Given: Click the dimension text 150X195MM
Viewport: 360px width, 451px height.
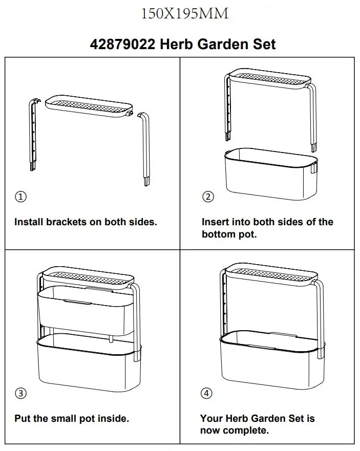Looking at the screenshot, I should point(184,14).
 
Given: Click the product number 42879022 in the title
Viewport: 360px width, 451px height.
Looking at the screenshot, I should point(122,44).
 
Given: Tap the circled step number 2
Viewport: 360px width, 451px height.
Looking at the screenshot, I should point(207,197).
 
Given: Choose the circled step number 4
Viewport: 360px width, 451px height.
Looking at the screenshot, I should point(207,393).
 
